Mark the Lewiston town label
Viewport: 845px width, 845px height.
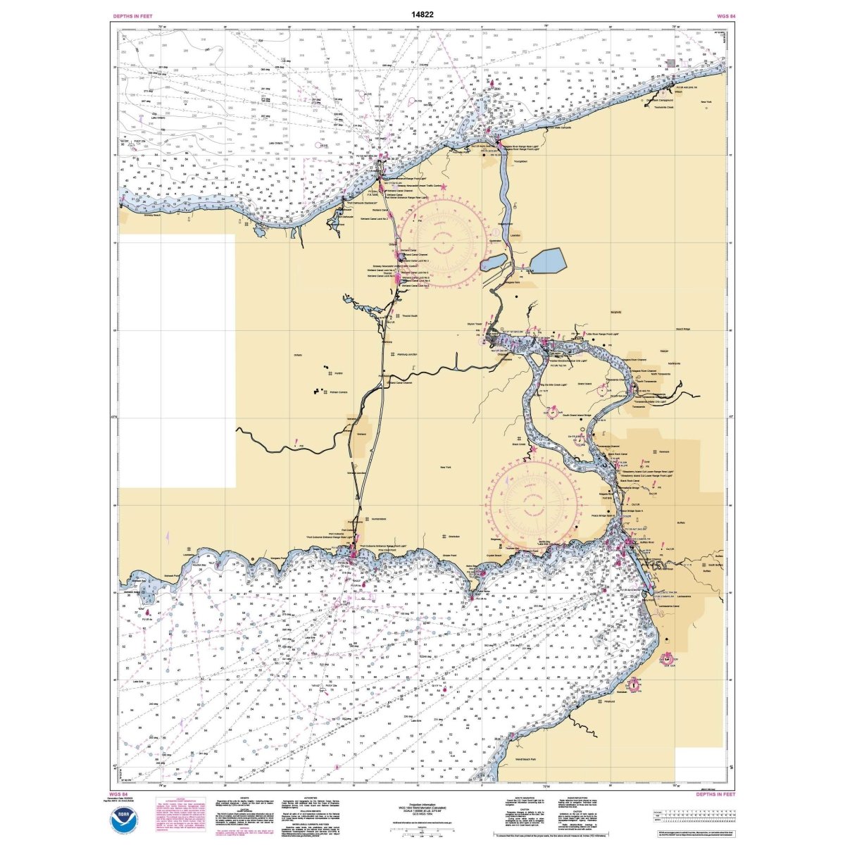(515, 237)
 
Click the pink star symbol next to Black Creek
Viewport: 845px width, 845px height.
(534, 449)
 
